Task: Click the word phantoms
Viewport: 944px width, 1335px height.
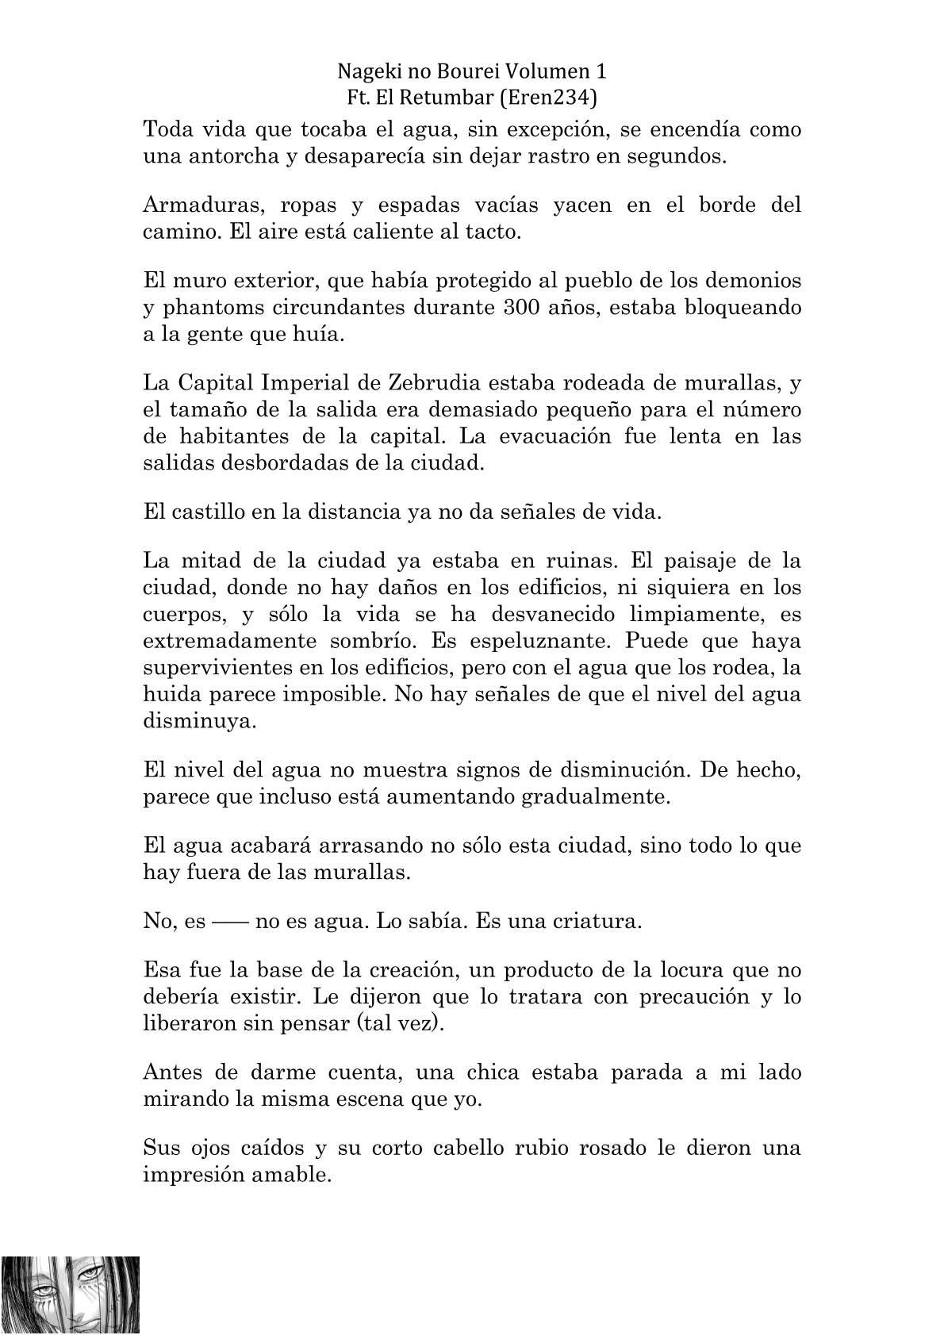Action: tap(219, 308)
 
